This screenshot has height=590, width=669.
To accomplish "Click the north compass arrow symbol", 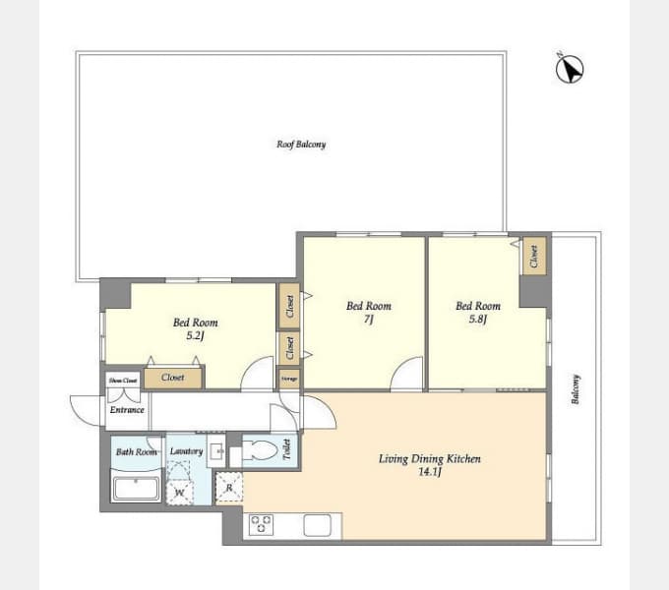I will click(x=570, y=68).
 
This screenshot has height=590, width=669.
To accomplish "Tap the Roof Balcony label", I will click(x=301, y=145).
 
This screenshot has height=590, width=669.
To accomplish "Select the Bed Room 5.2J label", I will click(x=195, y=328).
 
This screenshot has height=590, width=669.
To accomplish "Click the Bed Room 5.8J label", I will click(x=477, y=312).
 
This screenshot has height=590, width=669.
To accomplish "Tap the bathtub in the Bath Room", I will click(x=135, y=486).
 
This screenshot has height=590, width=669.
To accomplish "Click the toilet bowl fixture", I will click(x=260, y=451).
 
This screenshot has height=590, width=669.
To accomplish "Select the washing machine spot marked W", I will click(x=179, y=493).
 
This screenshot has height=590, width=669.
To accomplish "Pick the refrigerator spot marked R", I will click(x=228, y=488).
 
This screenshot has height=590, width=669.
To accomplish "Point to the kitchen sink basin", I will click(x=317, y=525).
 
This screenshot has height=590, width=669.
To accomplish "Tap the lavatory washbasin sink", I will click(x=215, y=453).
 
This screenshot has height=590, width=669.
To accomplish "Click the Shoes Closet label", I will click(x=122, y=379).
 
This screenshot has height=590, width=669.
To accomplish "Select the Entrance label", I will click(x=127, y=410).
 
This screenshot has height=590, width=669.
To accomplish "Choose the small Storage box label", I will click(x=288, y=378).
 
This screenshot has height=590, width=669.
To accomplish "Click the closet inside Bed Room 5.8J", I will click(x=534, y=258).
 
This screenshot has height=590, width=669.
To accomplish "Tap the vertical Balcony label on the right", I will click(x=576, y=389).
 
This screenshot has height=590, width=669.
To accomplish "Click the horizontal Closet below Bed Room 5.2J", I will click(x=173, y=377).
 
